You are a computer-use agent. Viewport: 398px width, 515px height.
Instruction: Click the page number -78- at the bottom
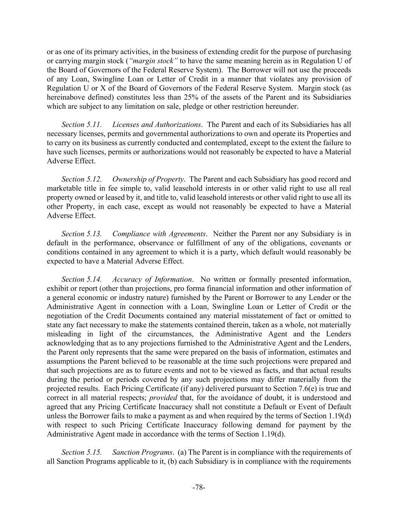(199, 487)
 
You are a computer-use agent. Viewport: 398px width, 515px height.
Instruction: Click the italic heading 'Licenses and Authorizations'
(157, 125)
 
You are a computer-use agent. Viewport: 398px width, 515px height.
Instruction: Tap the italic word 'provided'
(162, 398)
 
